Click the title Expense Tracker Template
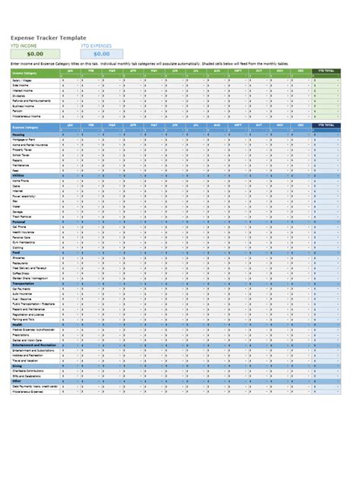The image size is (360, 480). point(47,38)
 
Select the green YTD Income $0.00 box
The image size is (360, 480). point(35,53)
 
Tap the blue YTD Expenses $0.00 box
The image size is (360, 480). point(101,53)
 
